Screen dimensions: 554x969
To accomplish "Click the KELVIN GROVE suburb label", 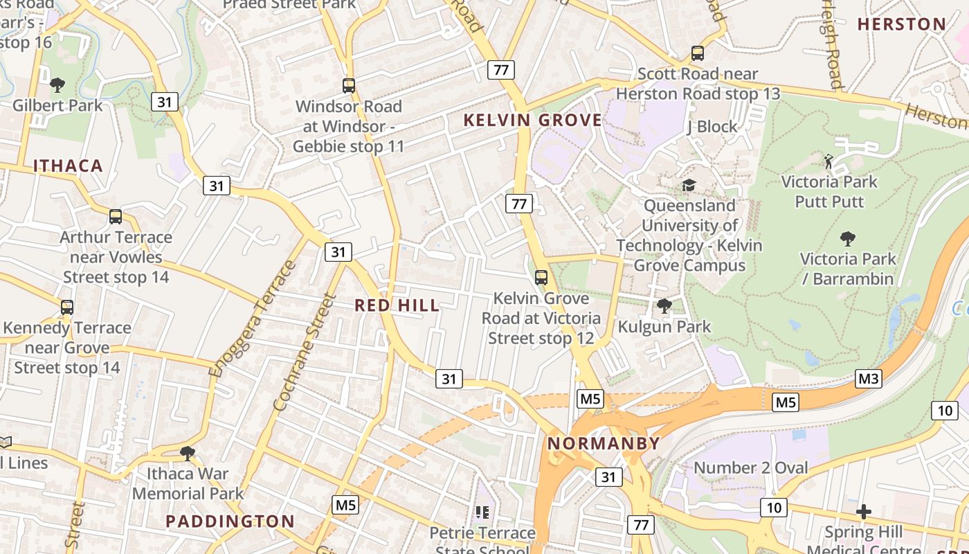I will pos(532,120).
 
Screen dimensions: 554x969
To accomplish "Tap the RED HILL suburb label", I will pos(397,305).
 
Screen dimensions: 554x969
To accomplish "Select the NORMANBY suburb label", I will pos(604,443).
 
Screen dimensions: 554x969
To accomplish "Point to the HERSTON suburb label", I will pos(901,24).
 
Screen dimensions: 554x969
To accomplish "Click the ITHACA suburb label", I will pos(68,166).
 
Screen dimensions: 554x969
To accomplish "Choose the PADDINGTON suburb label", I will pos(230,521).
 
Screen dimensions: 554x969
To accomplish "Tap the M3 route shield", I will pos(869,379).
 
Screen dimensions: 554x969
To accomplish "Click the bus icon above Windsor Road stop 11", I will pos(349,86).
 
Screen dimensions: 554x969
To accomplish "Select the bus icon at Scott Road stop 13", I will pos(698,53).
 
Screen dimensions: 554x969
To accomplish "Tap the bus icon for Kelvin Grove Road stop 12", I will pos(541,278).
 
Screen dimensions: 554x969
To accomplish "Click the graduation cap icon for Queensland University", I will pos(689,185).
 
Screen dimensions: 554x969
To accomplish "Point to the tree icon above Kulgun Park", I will pos(664,305).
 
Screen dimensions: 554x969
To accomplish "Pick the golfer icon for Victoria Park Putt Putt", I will pos(828,161).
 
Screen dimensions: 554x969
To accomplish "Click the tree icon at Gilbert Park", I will pos(57,85).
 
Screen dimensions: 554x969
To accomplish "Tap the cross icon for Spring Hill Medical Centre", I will pos(863,512).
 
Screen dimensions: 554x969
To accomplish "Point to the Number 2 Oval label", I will pos(750,468).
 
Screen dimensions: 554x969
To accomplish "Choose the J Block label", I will pos(712,127).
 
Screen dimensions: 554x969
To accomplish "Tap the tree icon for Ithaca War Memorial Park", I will pos(187,454).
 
